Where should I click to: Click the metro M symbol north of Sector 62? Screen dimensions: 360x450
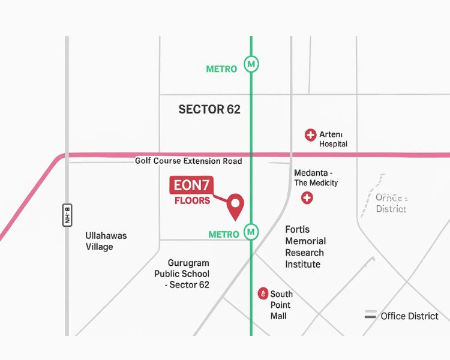pos(251,64)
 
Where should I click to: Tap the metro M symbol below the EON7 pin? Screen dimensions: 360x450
pos(251,231)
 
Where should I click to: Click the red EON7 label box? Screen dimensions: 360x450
pos(191,186)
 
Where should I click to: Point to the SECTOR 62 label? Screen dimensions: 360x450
pos(209,109)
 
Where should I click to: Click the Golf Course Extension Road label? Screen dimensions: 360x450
pos(188,161)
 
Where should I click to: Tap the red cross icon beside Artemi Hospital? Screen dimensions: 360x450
pos(310,135)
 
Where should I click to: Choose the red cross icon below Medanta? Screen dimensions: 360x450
pos(307,197)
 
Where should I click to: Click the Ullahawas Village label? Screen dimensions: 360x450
pos(106,241)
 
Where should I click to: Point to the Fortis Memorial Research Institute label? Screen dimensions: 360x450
pos(305,247)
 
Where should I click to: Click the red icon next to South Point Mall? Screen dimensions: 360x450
pos(262,293)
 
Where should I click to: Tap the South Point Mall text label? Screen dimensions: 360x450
pos(281,305)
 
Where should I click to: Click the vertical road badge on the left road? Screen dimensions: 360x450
pos(67,215)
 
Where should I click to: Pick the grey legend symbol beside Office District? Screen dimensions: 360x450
pos(371,315)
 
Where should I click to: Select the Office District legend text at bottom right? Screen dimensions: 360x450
pos(410,316)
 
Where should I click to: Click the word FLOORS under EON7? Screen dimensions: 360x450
pos(193,200)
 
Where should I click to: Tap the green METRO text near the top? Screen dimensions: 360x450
pos(221,69)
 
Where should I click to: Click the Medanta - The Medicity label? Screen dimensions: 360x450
pos(316,178)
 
